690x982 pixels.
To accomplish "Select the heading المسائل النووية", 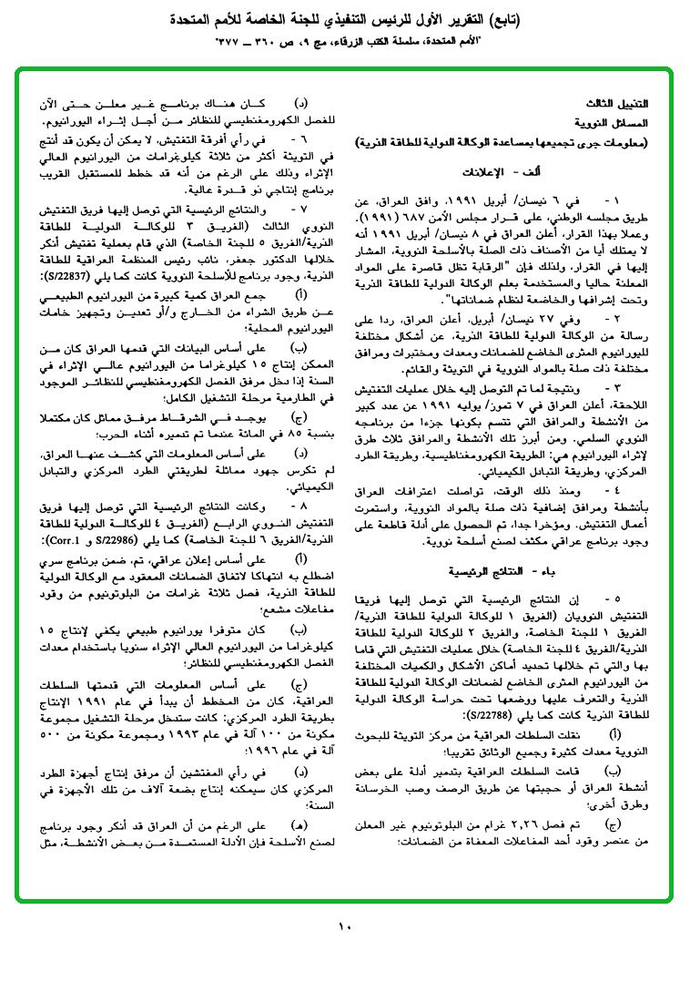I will (618, 122).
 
